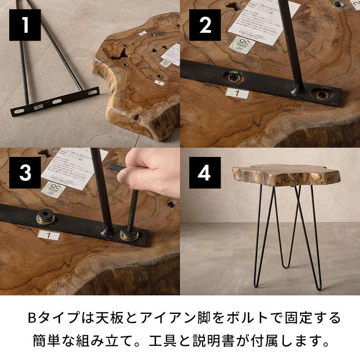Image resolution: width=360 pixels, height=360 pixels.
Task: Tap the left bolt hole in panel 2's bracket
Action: [x=233, y=77]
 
